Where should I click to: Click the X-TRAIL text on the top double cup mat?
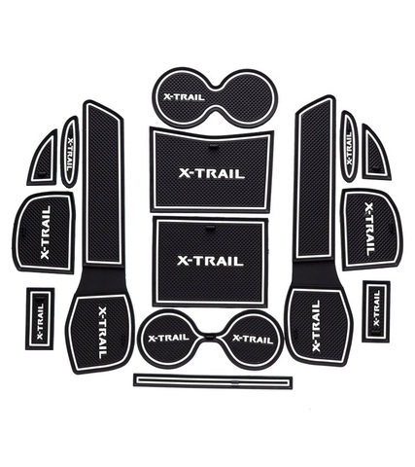pos(184,96)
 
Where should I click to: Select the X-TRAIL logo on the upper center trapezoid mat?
pos(212,174)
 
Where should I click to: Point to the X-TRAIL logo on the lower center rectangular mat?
pos(210,261)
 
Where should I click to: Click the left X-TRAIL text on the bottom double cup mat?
pos(168,338)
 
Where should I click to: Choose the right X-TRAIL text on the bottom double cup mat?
pos(253,339)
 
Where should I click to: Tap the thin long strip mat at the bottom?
pos(213,380)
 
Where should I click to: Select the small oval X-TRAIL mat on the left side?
pos(70,152)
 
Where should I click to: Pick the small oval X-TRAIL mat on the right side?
pos(349,146)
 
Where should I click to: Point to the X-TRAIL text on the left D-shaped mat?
pos(46,233)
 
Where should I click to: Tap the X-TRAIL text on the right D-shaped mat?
pos(369,229)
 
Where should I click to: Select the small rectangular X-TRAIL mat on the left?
pos(40,319)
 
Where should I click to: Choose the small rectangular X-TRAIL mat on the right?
pos(376,311)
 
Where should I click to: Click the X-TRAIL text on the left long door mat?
pos(102,332)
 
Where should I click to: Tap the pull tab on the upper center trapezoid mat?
pos(213,148)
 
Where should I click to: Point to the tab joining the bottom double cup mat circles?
pos(210,336)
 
